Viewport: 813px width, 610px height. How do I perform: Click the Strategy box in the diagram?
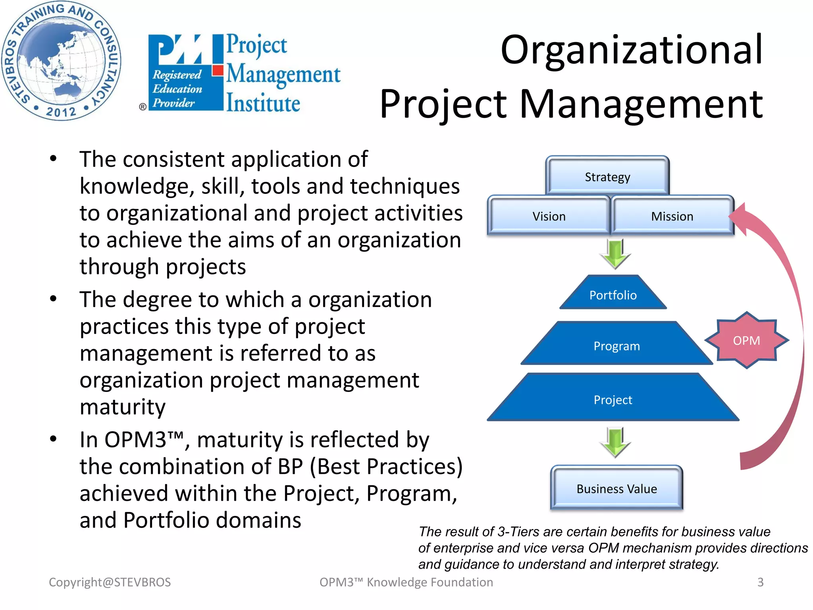point(607,177)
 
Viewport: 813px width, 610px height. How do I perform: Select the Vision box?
point(549,216)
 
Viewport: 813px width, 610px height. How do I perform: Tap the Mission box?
point(672,216)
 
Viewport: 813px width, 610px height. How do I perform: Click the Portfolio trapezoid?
point(613,295)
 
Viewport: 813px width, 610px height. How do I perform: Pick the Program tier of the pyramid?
point(616,346)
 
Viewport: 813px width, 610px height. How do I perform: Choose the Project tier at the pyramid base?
point(613,400)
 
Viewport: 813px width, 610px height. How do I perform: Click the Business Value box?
point(616,488)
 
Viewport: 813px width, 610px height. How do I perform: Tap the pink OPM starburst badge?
point(746,340)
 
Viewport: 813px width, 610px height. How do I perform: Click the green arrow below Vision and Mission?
point(615,254)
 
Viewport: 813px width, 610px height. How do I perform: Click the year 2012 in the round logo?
point(61,112)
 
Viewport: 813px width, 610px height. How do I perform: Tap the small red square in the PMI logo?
point(217,71)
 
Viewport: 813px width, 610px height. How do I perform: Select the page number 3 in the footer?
point(760,582)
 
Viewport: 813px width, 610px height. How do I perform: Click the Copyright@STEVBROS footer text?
point(110,582)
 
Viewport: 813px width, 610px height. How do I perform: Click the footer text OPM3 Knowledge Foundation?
point(406,582)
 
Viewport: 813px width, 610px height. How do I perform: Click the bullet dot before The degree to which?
point(53,299)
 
